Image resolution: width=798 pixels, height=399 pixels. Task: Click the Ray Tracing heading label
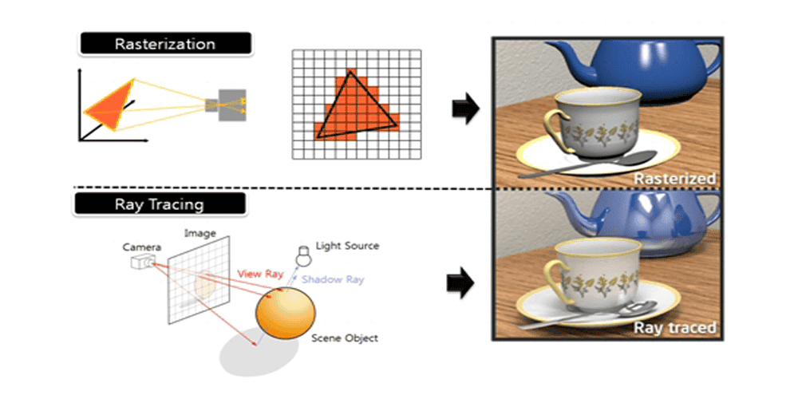(160, 204)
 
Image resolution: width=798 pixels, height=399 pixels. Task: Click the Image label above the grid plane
(200, 233)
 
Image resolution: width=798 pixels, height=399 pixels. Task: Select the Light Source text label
(347, 246)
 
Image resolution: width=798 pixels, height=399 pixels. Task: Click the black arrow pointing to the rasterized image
(464, 109)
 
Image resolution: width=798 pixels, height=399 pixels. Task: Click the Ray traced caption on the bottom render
(674, 327)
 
